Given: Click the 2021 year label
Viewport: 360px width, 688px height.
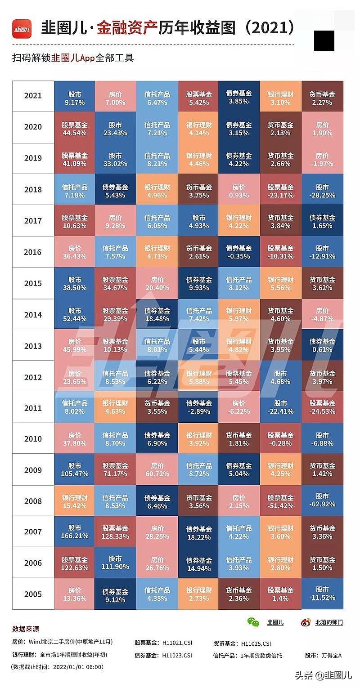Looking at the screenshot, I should pos(33,95).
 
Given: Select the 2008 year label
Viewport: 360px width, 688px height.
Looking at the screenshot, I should pos(33,501).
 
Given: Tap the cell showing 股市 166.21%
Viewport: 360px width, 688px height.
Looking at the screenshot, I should pos(74,532).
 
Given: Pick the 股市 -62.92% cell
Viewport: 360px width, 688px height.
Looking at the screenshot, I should pos(322,500).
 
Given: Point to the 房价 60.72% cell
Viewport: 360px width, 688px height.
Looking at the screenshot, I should pos(157,470).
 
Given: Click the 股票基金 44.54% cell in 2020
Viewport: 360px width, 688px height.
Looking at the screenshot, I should pos(74,129).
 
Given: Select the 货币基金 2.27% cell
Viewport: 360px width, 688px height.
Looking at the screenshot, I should pos(322,98).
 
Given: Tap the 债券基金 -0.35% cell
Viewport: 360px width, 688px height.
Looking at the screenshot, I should pos(238,252).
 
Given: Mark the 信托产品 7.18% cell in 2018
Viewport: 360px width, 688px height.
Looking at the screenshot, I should pos(74,191).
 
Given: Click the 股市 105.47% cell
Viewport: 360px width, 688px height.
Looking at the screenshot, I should pos(74,470).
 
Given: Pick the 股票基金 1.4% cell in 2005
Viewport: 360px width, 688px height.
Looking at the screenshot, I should pos(280,594).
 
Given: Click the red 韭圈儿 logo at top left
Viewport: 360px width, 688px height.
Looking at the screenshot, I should pos(22,29).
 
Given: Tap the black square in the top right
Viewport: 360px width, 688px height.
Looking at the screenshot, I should pos(324,40).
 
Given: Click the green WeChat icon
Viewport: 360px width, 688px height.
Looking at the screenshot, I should pos(253,622).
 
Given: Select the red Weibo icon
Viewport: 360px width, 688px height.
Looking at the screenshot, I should pos(306,622).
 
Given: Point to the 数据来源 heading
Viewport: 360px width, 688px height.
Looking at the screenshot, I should pos(26,629).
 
